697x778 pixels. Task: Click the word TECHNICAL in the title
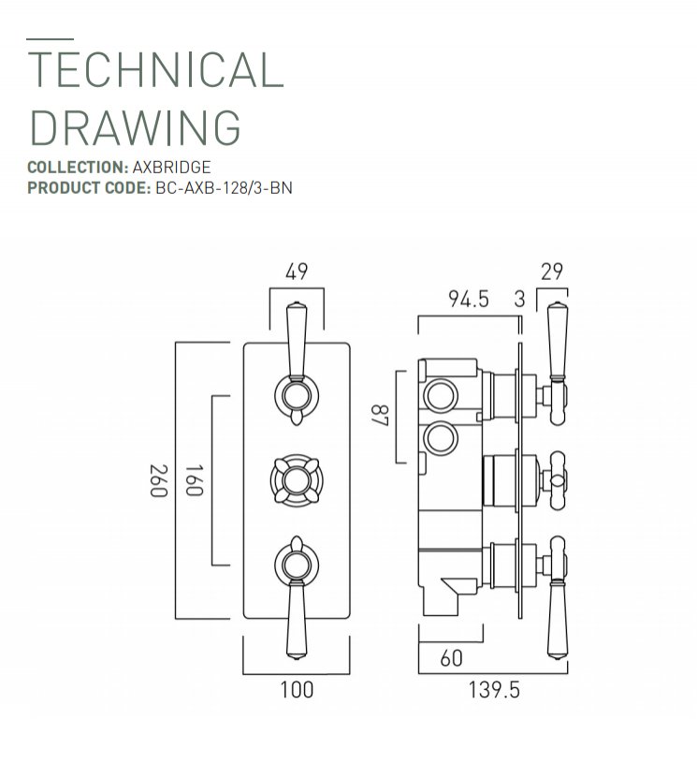[x=155, y=69]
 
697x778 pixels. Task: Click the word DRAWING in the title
[x=136, y=127]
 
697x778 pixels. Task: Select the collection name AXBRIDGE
[x=171, y=168]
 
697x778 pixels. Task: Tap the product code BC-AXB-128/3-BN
[x=224, y=188]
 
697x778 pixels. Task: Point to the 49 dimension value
[x=297, y=272]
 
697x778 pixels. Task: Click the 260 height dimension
[x=159, y=480]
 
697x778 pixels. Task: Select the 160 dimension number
[x=194, y=480]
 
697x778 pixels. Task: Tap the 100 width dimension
[x=297, y=690]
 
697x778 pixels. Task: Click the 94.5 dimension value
[x=469, y=300]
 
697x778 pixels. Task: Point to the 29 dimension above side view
[x=552, y=272]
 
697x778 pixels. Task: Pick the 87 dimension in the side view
[x=381, y=415]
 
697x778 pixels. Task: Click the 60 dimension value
[x=451, y=658]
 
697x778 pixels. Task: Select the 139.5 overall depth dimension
[x=494, y=690]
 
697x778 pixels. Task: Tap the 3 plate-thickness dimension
[x=519, y=300]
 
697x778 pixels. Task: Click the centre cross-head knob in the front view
[x=297, y=480]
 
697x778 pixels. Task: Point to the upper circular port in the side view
[x=441, y=395]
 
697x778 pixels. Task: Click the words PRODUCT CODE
[x=89, y=188]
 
